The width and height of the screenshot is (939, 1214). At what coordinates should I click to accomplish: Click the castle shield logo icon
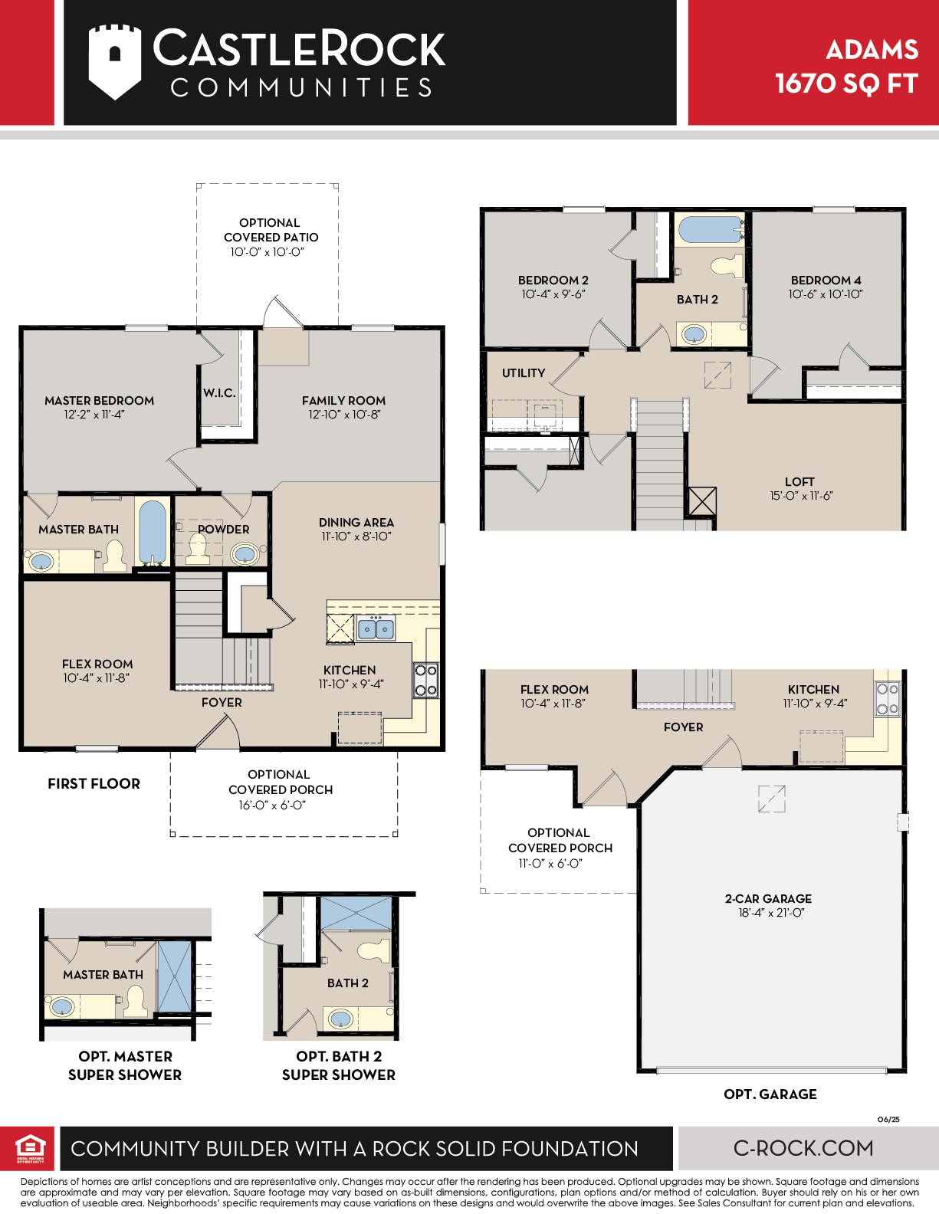click(x=114, y=62)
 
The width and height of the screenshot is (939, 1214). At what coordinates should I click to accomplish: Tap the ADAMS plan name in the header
click(x=872, y=51)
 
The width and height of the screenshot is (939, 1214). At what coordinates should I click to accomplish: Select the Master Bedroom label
click(x=100, y=401)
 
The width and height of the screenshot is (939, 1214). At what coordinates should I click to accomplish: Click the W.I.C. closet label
click(x=219, y=392)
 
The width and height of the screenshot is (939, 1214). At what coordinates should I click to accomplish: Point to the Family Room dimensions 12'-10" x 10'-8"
click(x=344, y=415)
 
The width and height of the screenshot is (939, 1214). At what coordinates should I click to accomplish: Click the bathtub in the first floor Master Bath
click(x=152, y=533)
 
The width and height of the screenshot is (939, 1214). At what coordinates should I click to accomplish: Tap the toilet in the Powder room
click(x=197, y=547)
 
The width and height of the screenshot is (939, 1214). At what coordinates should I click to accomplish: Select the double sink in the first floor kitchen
click(x=376, y=628)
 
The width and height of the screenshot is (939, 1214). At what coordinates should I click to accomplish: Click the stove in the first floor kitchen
click(x=425, y=680)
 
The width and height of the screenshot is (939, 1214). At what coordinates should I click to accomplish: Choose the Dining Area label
click(x=356, y=523)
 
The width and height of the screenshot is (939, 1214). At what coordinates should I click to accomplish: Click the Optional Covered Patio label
click(x=271, y=230)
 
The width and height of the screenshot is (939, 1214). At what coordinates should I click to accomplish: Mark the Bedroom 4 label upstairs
click(x=826, y=280)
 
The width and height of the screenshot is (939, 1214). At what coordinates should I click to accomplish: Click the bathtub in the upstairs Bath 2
click(x=709, y=229)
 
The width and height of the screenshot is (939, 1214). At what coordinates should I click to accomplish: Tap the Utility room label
click(x=524, y=372)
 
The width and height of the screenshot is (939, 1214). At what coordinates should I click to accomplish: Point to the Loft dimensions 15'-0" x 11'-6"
click(x=801, y=496)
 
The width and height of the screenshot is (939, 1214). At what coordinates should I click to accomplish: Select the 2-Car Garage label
click(x=768, y=898)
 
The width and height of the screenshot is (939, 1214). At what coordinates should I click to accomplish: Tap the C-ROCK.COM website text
click(x=803, y=1147)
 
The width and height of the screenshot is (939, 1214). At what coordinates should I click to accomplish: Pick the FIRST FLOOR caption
click(x=94, y=783)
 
